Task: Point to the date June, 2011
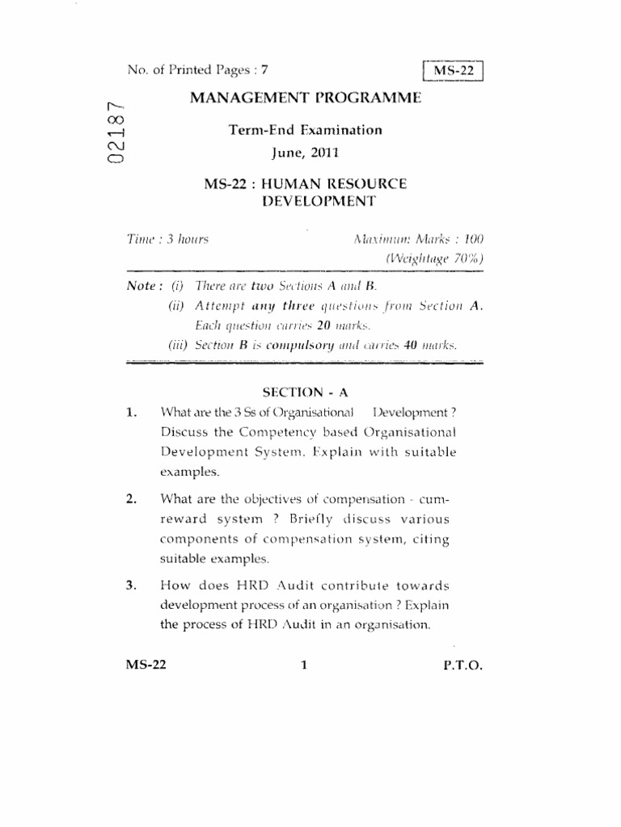click(x=305, y=151)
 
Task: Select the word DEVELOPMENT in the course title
click(x=305, y=202)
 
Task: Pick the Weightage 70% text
click(x=434, y=259)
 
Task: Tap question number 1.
click(x=131, y=413)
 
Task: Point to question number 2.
click(x=131, y=498)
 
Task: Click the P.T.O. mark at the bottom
click(x=463, y=666)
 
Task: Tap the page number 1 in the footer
click(x=304, y=666)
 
